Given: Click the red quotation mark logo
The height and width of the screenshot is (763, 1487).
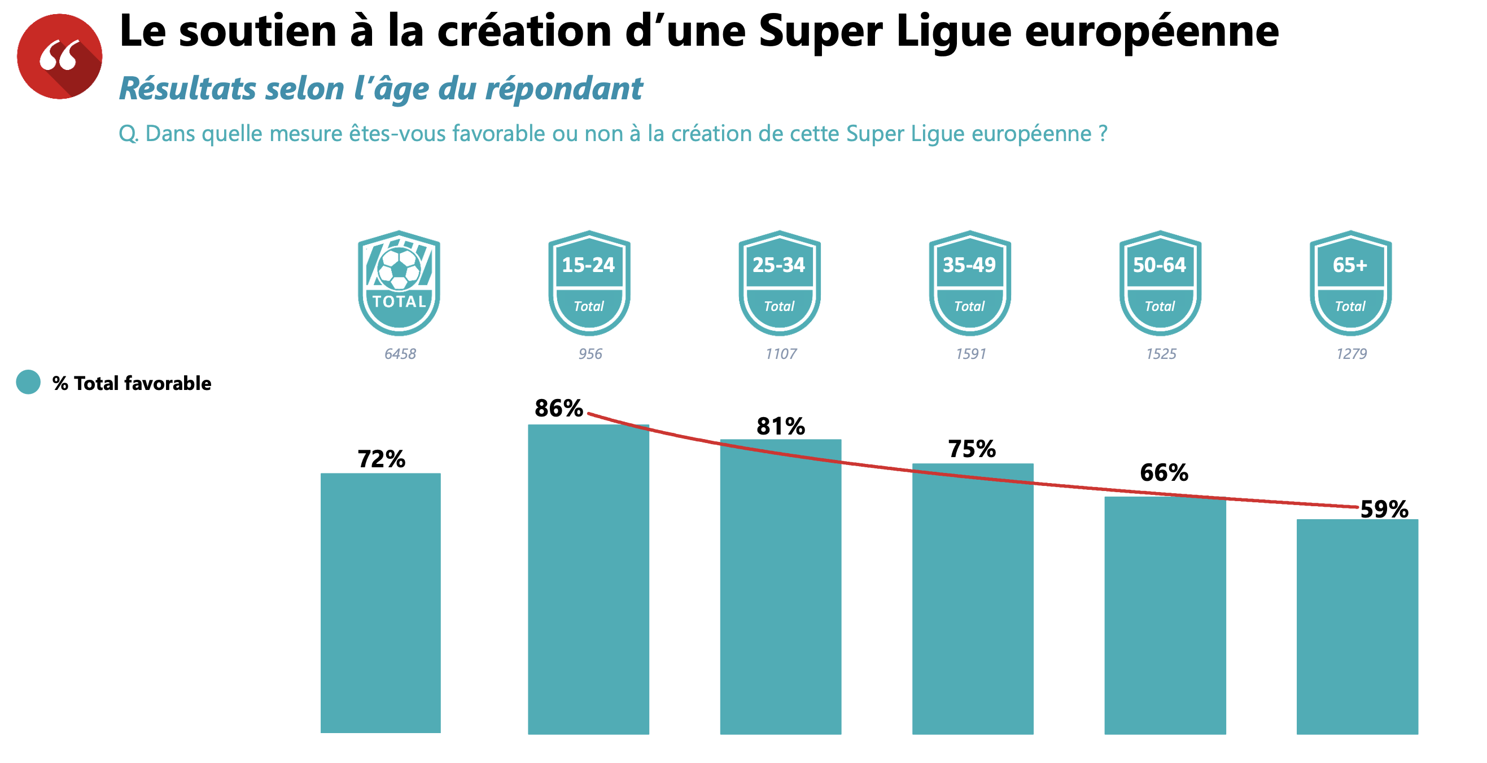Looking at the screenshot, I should (x=59, y=56).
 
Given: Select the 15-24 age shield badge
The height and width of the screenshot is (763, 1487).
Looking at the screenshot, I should (x=589, y=283).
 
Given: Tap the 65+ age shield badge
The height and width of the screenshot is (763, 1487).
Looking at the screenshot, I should (x=1350, y=283).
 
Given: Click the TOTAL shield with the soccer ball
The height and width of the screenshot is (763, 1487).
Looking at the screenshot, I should (x=399, y=283).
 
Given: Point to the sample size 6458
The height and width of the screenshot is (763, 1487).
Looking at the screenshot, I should (x=400, y=354).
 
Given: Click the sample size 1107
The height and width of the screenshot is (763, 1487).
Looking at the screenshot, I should (x=780, y=354).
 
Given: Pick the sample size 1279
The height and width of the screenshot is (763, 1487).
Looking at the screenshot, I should (x=1352, y=354).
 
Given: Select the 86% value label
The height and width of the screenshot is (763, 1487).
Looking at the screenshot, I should (x=558, y=408).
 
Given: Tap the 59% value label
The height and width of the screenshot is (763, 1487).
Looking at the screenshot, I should (x=1384, y=509).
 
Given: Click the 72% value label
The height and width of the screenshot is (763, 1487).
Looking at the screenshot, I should (x=381, y=459).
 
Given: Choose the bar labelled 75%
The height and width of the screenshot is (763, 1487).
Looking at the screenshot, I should (x=973, y=600).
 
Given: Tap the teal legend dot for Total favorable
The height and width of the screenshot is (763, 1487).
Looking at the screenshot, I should (x=28, y=382).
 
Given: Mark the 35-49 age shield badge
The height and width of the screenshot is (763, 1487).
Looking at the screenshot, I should (x=970, y=283).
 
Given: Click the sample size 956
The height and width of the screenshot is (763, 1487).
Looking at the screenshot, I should (x=590, y=354).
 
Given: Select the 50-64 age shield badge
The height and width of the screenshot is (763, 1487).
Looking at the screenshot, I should (x=1160, y=283).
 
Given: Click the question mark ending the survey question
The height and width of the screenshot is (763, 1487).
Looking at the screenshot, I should (x=1103, y=133).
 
